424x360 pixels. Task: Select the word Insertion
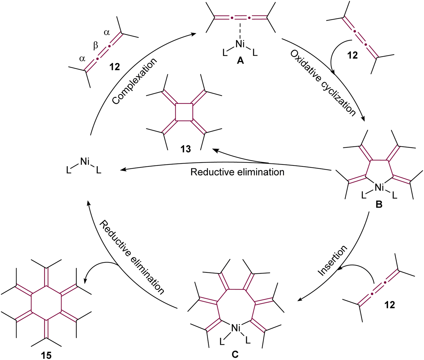(332, 260)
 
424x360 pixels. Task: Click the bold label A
(240, 60)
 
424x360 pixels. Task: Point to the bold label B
(379, 204)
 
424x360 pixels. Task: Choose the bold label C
(235, 354)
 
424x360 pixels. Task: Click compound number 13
(186, 149)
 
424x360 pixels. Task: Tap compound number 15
(46, 355)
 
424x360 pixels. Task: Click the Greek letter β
(95, 46)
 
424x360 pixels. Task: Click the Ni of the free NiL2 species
(85, 162)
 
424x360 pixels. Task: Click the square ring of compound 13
(184, 112)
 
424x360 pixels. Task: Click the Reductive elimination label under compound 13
(237, 172)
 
